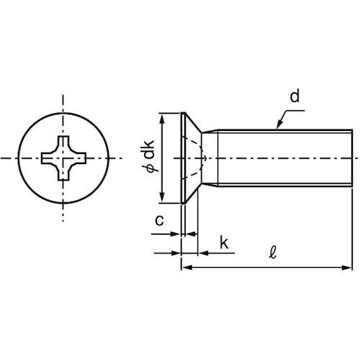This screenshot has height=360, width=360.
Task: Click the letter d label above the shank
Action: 295,96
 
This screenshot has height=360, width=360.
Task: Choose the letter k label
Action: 223,244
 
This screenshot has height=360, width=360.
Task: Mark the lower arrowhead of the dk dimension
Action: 163,201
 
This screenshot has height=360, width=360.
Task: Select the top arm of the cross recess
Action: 63,140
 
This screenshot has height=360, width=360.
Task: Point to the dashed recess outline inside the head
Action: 202,158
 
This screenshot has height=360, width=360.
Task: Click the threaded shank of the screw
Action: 281,158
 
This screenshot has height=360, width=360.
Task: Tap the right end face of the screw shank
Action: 351,158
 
